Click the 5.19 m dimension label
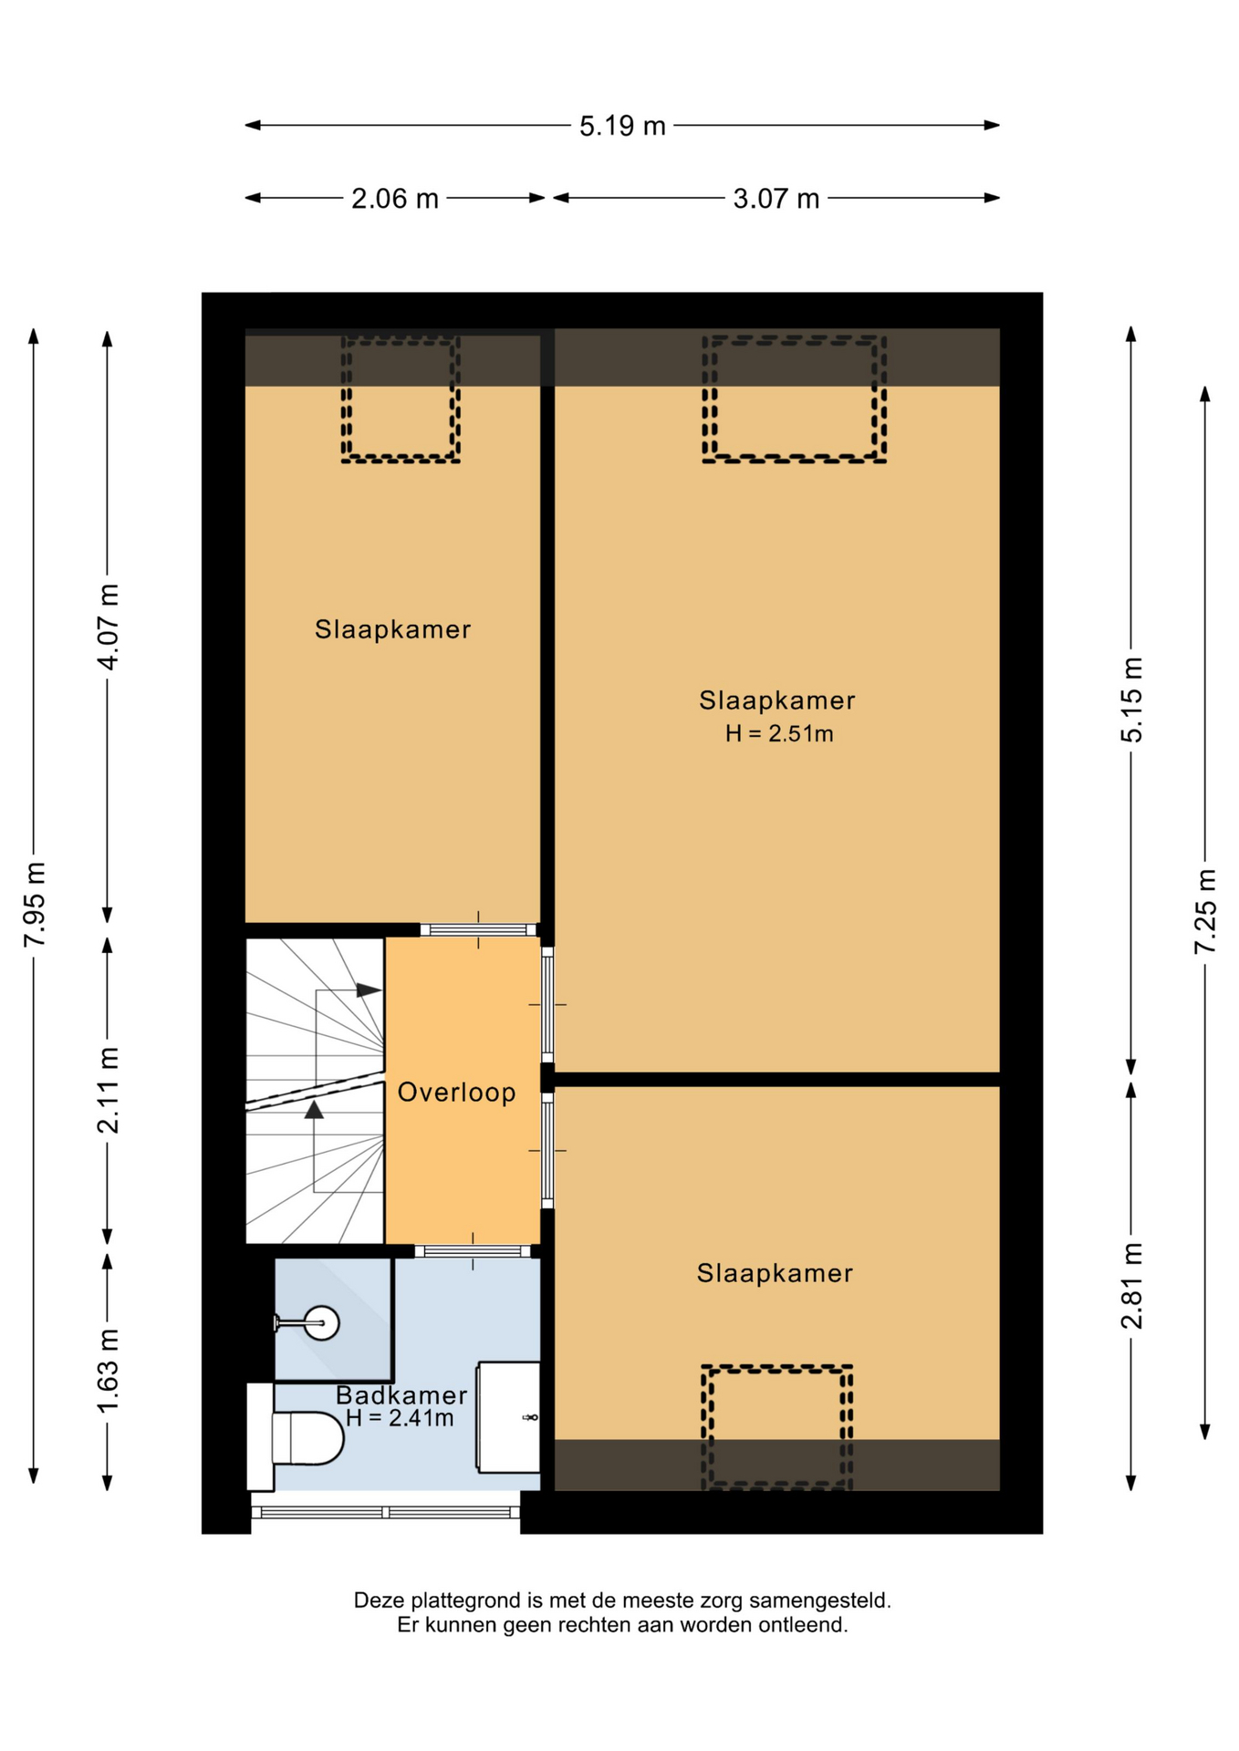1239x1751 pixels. click(x=622, y=126)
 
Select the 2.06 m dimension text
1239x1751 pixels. click(x=395, y=199)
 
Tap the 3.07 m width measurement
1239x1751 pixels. click(x=776, y=199)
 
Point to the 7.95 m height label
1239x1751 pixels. click(x=35, y=904)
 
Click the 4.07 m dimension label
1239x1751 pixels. click(x=109, y=627)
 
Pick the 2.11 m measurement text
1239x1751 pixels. click(x=109, y=1091)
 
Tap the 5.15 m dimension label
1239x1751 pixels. click(x=1131, y=699)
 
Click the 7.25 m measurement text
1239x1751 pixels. click(x=1206, y=912)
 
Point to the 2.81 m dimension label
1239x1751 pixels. click(x=1131, y=1286)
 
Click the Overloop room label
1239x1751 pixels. click(x=457, y=1092)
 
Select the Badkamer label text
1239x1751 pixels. click(x=401, y=1394)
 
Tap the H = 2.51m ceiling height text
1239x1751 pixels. click(x=779, y=733)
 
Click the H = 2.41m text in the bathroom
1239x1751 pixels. click(x=400, y=1418)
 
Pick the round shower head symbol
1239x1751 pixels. click(x=321, y=1321)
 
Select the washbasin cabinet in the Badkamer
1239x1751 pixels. click(x=508, y=1417)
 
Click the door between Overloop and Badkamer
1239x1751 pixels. click(x=473, y=1251)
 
